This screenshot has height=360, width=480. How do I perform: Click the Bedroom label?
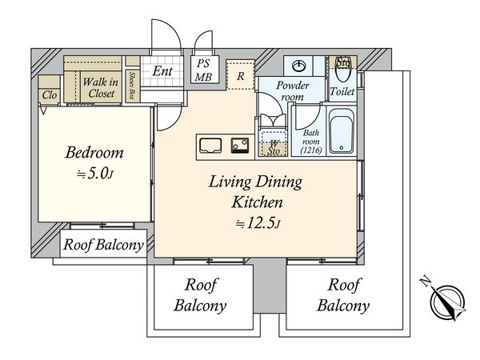(x=94, y=153)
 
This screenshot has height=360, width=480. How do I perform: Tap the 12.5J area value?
(x=258, y=223)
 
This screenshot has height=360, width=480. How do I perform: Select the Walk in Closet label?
(x=101, y=87)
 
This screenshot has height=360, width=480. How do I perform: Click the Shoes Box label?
(x=133, y=86)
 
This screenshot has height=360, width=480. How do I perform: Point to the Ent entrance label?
(x=162, y=71)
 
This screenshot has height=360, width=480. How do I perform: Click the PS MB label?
(x=203, y=70)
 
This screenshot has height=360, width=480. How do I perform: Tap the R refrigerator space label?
(x=241, y=76)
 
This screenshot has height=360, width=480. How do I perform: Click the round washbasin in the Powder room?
(x=299, y=66)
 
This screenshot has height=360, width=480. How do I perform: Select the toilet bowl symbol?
(x=343, y=70)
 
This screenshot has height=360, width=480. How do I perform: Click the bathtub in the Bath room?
(x=342, y=130)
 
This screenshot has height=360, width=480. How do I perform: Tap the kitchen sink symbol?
(x=210, y=146)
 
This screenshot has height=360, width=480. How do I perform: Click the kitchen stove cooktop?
(x=240, y=146)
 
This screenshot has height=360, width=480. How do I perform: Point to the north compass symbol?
(x=446, y=301)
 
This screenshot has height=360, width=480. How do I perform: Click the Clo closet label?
(x=50, y=95)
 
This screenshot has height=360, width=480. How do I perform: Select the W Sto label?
(x=274, y=147)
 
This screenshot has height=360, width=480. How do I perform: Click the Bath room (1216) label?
(x=311, y=142)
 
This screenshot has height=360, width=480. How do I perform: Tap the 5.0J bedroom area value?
(x=95, y=174)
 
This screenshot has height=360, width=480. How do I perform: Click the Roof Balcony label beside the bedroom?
(x=103, y=245)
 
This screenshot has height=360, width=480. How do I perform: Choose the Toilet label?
(x=342, y=91)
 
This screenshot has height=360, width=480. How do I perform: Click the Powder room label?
(x=293, y=90)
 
